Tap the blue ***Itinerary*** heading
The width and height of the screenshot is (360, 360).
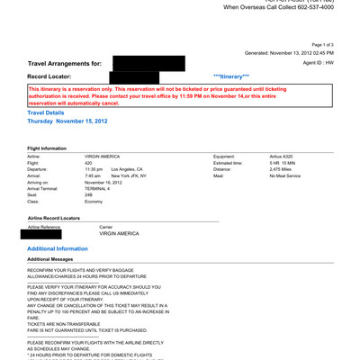pyautogui.click(x=232, y=77)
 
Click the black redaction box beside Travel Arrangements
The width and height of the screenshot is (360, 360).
pyautogui.click(x=148, y=63)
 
